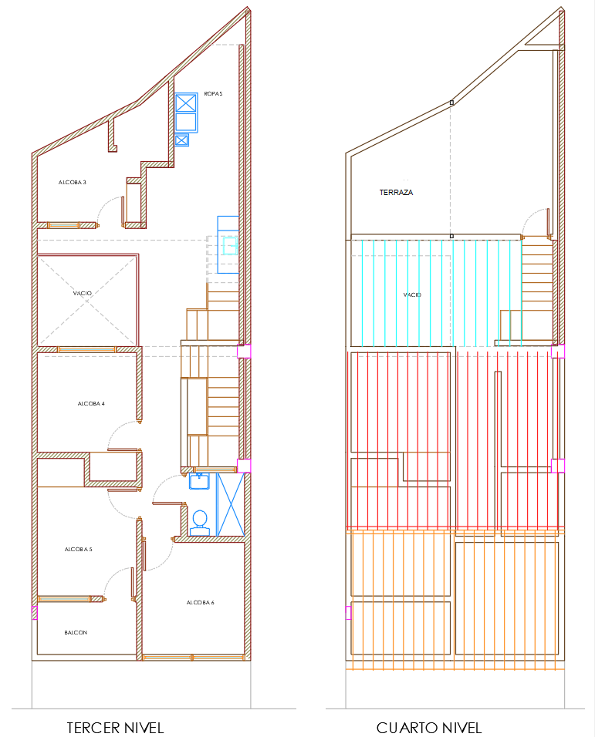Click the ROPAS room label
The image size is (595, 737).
point(213,94)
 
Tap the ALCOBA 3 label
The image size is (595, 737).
point(73,183)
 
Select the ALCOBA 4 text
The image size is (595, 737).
point(91,404)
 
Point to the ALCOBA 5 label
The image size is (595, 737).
point(79,550)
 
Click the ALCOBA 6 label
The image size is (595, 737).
point(201,603)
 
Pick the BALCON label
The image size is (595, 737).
point(76,633)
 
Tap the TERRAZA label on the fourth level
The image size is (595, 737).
point(396,192)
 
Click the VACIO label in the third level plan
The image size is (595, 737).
point(83,293)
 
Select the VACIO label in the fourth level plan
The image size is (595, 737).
point(412,294)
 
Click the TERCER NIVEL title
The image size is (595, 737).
point(115,728)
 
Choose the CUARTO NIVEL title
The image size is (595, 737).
point(429,728)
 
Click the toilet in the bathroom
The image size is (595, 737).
point(200,523)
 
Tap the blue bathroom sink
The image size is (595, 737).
point(199,481)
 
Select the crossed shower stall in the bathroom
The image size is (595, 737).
point(231,504)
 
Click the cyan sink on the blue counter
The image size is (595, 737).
point(230,245)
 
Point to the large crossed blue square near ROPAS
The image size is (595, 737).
point(186,103)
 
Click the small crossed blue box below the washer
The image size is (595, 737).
point(181,140)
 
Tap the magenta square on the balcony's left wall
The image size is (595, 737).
point(34,613)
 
